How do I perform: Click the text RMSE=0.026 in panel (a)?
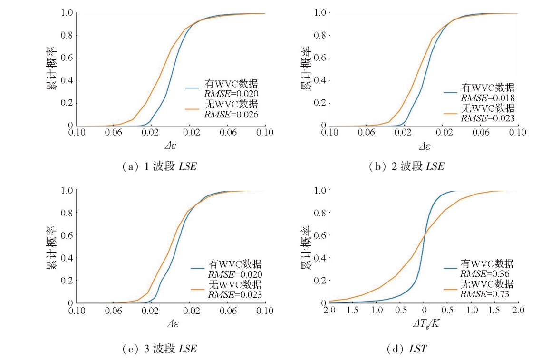click(x=231, y=114)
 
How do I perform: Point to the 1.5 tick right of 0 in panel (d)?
click(x=494, y=311)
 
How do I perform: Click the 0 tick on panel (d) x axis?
click(x=424, y=311)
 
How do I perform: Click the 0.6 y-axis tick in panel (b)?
click(x=321, y=58)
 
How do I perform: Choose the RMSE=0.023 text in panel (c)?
click(x=235, y=294)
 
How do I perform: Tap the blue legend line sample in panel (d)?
click(x=451, y=268)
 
